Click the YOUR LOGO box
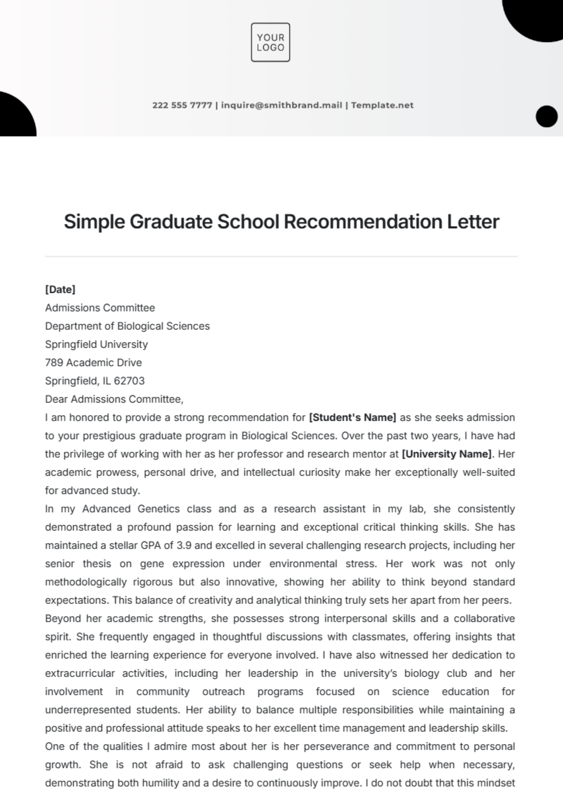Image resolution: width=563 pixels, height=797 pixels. click(270, 42)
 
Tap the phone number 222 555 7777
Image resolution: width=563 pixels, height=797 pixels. click(182, 105)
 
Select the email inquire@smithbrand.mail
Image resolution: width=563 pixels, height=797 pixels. click(281, 105)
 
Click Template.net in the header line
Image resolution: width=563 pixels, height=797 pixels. click(382, 105)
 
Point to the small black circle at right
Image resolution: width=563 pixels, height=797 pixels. click(546, 116)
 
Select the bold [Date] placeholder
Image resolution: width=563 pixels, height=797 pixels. click(60, 290)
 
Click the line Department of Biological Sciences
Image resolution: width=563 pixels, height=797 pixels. click(127, 326)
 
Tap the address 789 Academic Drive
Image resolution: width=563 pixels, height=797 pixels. click(93, 363)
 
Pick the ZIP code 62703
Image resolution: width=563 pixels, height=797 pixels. click(129, 381)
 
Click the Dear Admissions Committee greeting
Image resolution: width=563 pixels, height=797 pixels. click(114, 399)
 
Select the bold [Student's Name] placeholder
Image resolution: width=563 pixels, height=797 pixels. click(352, 417)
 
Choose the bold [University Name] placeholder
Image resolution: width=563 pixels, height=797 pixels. click(447, 454)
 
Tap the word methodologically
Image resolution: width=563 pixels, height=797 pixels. click(86, 582)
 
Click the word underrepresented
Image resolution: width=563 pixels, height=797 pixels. click(87, 710)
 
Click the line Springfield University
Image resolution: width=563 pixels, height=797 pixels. click(96, 344)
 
